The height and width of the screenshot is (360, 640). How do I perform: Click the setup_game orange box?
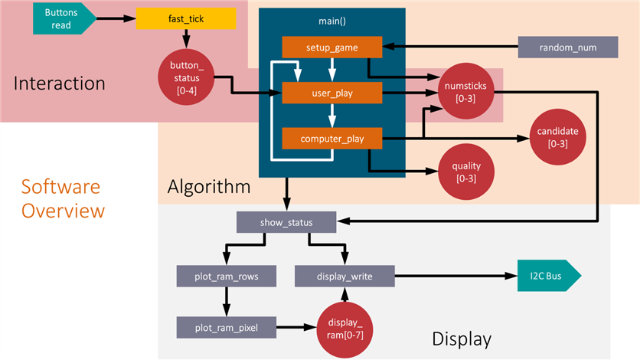coord(331,47)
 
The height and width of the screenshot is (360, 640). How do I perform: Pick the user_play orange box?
coord(331,93)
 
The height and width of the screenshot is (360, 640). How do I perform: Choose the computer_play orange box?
coord(331,139)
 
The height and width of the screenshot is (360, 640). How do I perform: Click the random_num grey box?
coord(567,47)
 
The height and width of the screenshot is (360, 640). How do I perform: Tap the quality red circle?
coord(465,172)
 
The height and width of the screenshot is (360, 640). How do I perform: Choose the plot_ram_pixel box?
coord(226,327)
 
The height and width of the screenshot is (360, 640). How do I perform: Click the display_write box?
coord(344,275)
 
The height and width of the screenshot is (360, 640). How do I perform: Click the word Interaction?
coord(59,82)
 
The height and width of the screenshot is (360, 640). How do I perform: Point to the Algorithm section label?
coord(209,186)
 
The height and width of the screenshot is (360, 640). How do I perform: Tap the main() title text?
coord(331,21)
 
